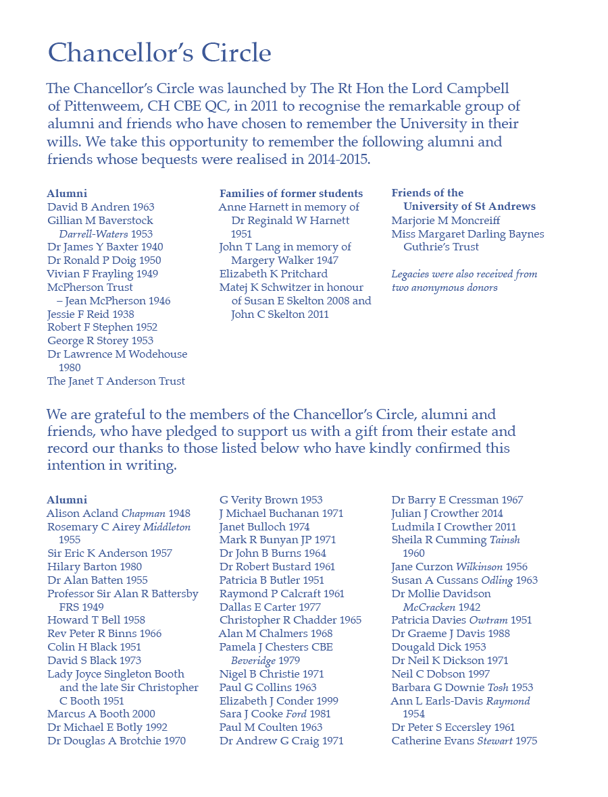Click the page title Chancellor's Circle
159,53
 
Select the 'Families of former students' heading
291,194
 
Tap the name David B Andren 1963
101,207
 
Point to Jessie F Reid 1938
91,314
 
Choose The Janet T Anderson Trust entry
116,381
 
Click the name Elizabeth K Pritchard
274,274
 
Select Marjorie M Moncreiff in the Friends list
446,221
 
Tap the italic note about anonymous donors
465,281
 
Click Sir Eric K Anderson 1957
109,553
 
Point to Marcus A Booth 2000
101,714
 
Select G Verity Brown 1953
271,500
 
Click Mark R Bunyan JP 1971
277,540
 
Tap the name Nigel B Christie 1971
272,674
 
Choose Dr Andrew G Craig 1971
281,741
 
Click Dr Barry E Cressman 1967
457,500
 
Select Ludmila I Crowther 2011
453,527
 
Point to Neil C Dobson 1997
440,674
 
